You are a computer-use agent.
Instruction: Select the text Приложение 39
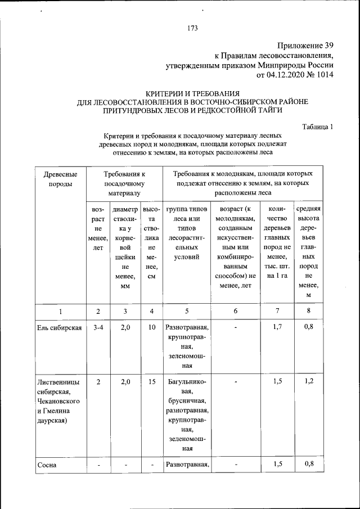306,46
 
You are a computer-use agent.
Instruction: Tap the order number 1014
324,74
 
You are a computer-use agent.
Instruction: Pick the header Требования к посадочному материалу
124,183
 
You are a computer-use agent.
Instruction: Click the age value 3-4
98,327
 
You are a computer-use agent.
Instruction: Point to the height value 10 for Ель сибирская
152,327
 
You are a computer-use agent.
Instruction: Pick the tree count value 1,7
277,327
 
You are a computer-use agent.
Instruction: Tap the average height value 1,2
308,381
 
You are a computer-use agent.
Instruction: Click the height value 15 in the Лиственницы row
152,381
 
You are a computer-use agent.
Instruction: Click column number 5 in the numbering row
187,312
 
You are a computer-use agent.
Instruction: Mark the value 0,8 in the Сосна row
308,464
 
